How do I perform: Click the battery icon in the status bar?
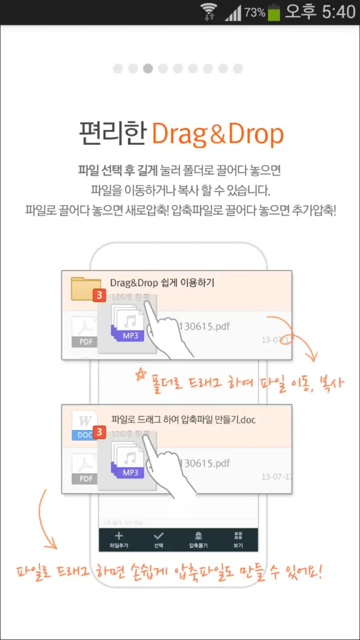[274, 12]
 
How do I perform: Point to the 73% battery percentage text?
[254, 12]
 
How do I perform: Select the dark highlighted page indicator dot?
[148, 68]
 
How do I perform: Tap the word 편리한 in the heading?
[112, 133]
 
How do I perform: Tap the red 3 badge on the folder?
[98, 296]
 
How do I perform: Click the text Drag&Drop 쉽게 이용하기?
[162, 283]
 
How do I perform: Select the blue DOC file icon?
[84, 425]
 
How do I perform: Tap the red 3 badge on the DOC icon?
[98, 432]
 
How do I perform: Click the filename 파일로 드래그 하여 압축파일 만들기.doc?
[182, 419]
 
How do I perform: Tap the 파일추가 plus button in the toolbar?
[119, 539]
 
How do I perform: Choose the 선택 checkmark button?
[159, 539]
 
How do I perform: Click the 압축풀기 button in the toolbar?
[198, 539]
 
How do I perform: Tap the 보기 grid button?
[238, 539]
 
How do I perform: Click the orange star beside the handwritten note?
[140, 374]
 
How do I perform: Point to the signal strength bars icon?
[232, 12]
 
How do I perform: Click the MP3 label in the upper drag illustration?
[130, 336]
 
